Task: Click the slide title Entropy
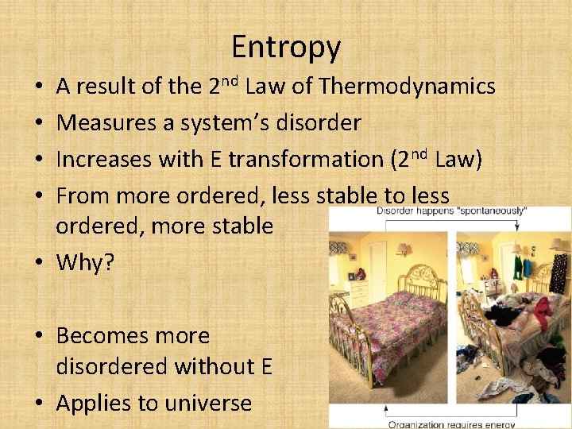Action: pos(286,48)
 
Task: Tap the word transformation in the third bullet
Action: pos(306,159)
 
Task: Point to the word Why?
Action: pos(85,262)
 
